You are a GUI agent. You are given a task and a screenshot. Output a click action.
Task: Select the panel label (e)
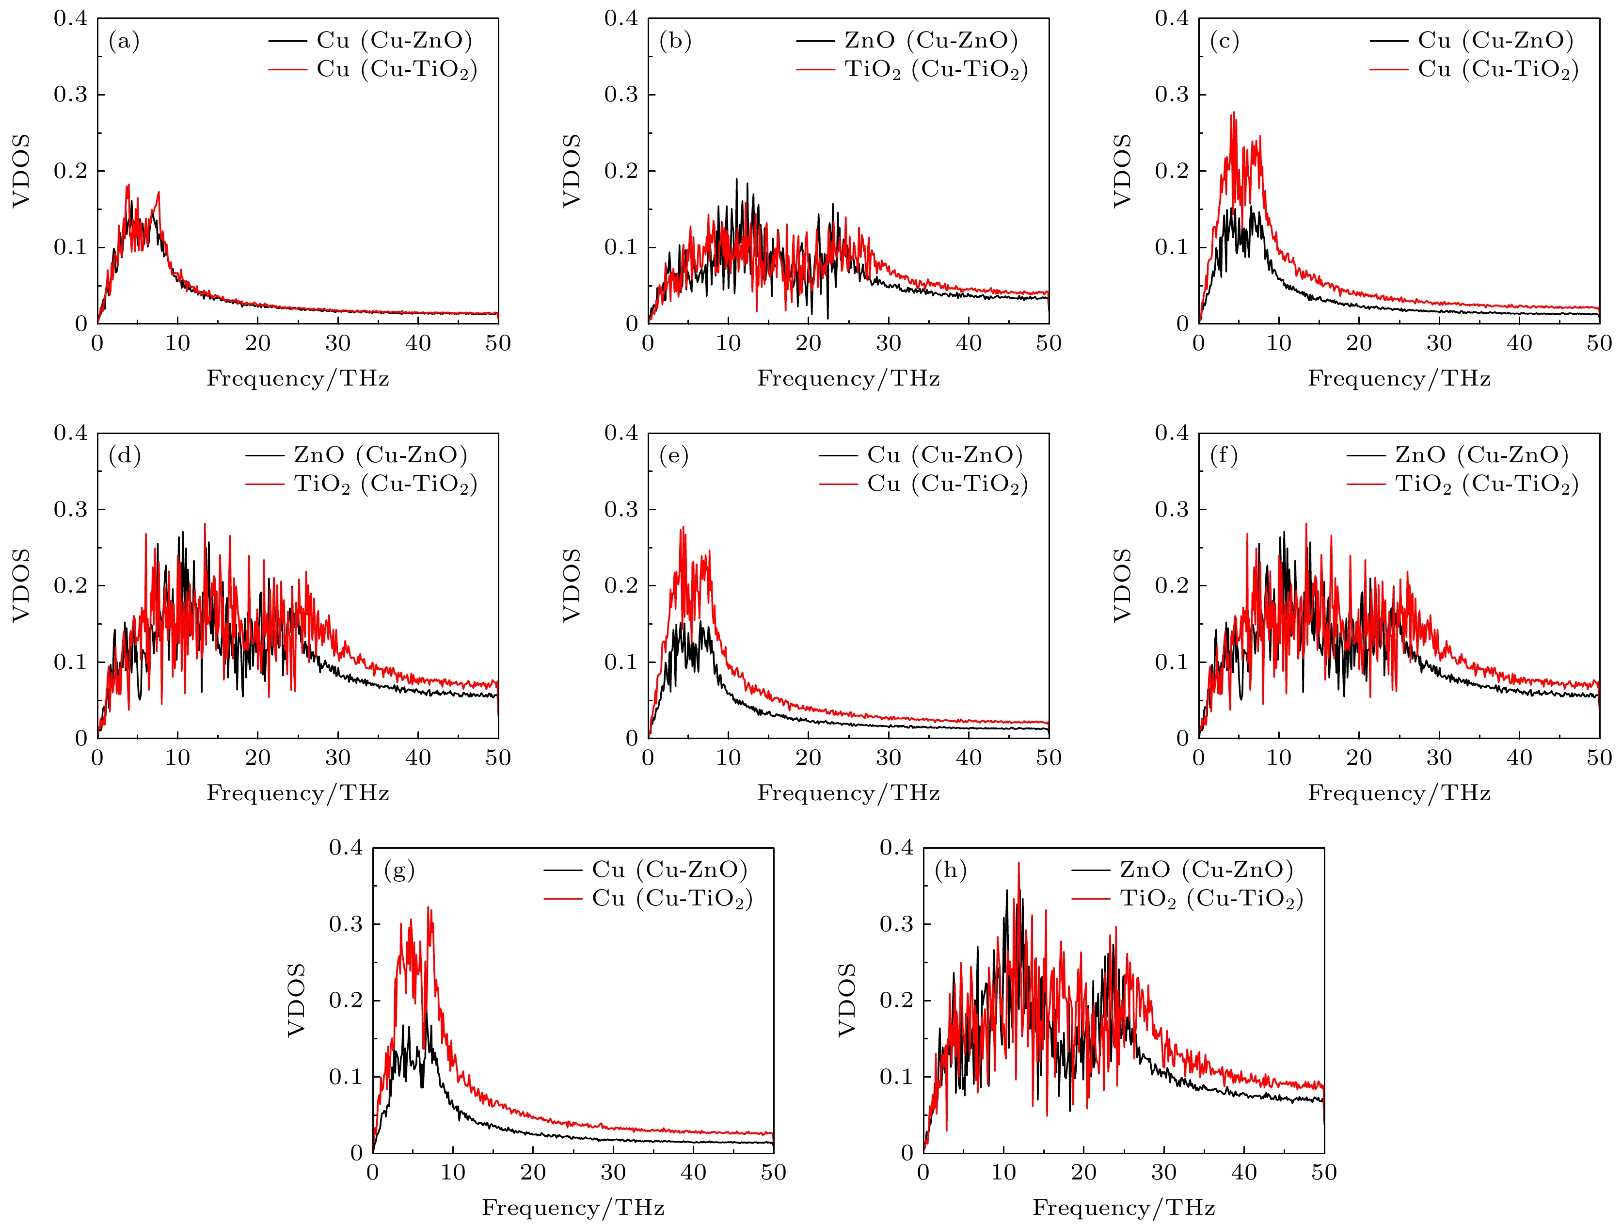(x=674, y=456)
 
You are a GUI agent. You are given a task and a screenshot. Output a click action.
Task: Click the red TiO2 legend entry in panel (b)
(x=936, y=70)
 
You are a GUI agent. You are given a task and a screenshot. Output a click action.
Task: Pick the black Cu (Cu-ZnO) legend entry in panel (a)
(x=394, y=40)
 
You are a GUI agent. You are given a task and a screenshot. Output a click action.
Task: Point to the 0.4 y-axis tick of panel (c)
(x=1171, y=18)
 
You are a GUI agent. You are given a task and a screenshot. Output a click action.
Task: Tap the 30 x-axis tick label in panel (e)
(x=888, y=758)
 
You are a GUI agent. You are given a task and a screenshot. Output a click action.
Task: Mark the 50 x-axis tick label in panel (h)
(x=1323, y=1172)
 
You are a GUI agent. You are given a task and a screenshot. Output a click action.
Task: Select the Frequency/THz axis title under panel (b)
(x=848, y=379)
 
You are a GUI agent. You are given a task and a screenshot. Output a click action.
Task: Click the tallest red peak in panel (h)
(x=1018, y=864)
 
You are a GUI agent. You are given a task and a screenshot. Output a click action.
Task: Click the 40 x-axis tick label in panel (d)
(x=418, y=758)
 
